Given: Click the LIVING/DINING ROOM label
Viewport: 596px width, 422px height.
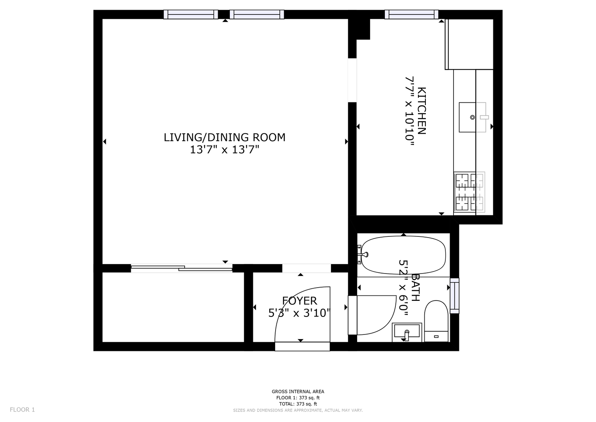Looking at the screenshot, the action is pos(224,138).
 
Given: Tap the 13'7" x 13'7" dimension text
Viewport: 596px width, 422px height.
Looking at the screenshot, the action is pos(224,150).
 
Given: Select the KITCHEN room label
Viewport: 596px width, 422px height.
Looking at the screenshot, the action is pos(422,111).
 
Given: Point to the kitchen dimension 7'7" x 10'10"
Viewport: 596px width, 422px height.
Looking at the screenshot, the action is pos(410,111).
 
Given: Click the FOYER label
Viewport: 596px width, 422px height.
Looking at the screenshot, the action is pos(300,301).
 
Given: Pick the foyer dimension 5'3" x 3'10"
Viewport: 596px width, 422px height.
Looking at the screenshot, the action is pos(299,313).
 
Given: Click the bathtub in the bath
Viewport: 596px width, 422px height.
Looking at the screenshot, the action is pos(403,255).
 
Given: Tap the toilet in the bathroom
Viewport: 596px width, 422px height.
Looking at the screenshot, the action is pos(436,321).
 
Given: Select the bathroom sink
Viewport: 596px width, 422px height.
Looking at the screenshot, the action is pos(407,332).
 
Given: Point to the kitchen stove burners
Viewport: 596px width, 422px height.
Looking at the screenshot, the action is pos(470,192).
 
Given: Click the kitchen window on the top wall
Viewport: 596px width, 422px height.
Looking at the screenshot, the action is pos(411,14).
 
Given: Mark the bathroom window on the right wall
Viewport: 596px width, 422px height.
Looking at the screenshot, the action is pos(454,296).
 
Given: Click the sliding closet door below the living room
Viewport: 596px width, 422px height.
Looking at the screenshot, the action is pos(181,268).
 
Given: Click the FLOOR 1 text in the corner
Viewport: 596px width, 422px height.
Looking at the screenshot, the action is pos(22,410).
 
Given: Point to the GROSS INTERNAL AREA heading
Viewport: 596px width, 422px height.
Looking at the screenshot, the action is pos(298,392).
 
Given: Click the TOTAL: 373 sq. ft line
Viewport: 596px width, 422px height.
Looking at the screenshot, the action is pos(298,404).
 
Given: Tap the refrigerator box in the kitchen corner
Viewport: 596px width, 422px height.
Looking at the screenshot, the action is pos(469,44).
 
